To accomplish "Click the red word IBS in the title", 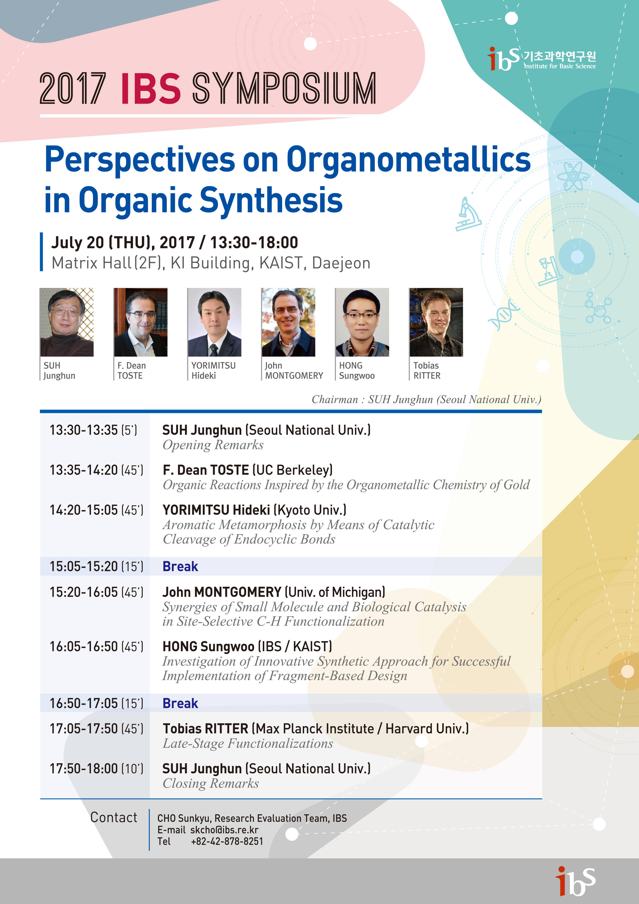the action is pyautogui.click(x=151, y=89).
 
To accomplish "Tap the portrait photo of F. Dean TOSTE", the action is pyautogui.click(x=140, y=322).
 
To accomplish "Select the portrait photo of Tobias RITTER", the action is pyautogui.click(x=436, y=322).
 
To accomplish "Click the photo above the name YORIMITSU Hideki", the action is pyautogui.click(x=214, y=322).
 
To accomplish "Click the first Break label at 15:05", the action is pyautogui.click(x=180, y=566).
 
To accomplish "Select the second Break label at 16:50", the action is pyautogui.click(x=180, y=703).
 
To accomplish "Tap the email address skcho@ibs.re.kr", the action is pyautogui.click(x=224, y=830).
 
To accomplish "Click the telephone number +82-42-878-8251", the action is pyautogui.click(x=227, y=841).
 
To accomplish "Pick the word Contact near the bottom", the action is pyautogui.click(x=114, y=817).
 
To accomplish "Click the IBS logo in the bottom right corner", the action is pyautogui.click(x=575, y=880).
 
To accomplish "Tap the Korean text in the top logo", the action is pyautogui.click(x=559, y=56).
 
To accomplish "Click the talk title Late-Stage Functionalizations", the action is pyautogui.click(x=248, y=743).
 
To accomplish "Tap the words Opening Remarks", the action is pyautogui.click(x=213, y=445).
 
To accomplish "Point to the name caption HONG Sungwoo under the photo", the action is pyautogui.click(x=357, y=370).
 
